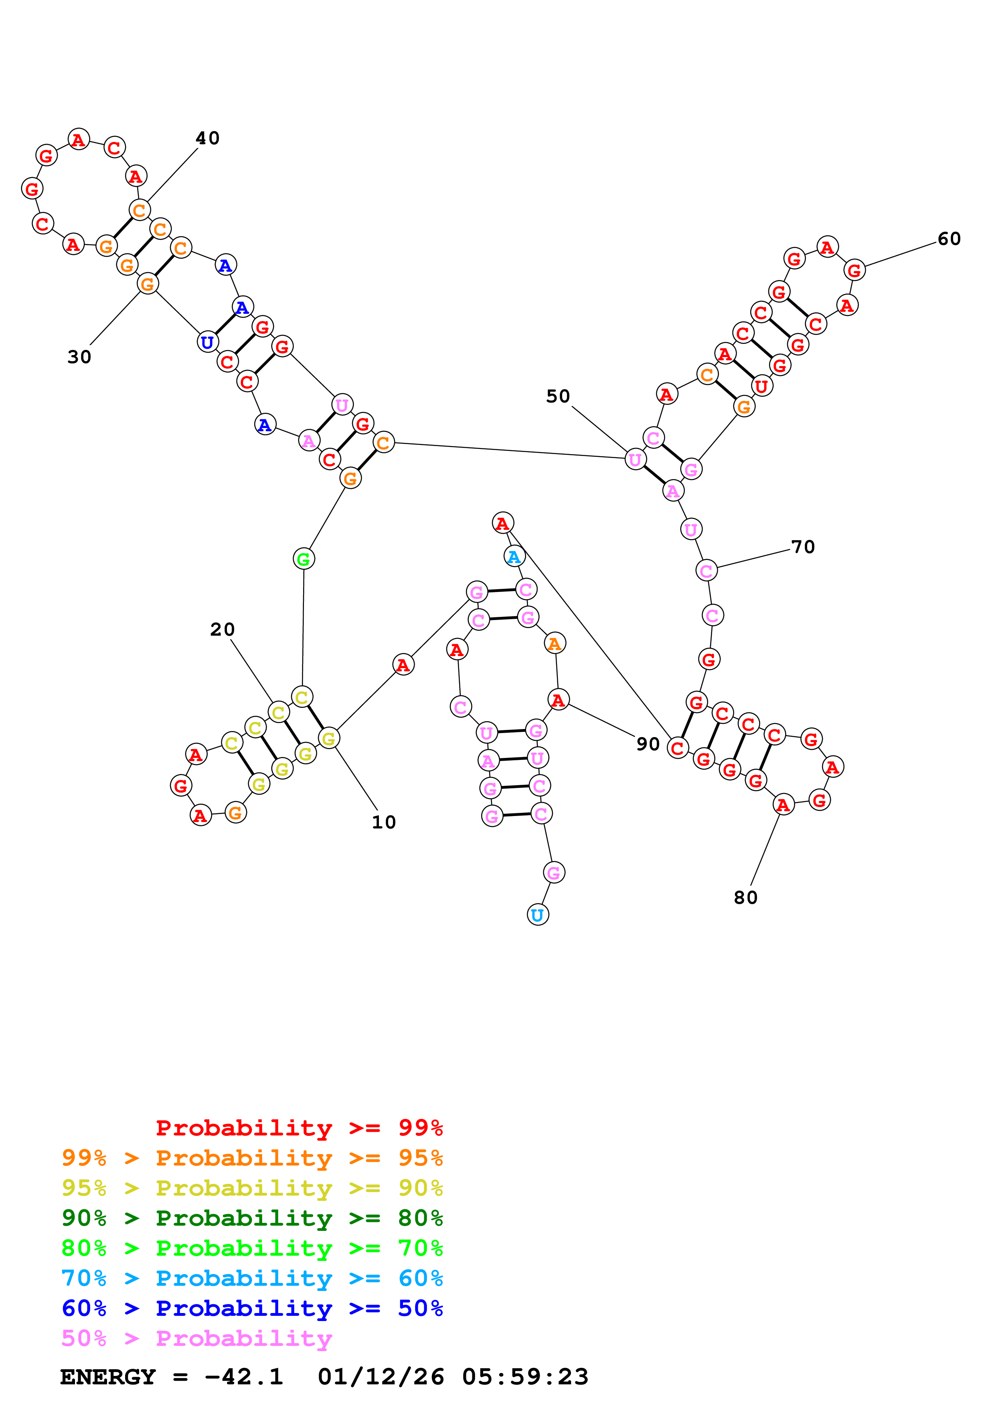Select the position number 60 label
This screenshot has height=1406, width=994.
949,239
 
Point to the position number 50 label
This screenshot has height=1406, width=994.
558,396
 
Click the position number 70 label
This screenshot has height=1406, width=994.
803,547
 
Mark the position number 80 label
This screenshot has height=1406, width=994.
745,898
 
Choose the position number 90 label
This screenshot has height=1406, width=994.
648,744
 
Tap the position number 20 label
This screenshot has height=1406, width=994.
222,630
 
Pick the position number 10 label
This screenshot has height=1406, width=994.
384,822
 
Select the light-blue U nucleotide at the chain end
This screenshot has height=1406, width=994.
538,915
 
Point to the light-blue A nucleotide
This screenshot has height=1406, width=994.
514,557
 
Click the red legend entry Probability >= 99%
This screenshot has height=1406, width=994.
299,1128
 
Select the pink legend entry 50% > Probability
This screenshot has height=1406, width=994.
196,1339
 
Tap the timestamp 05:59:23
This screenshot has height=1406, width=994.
525,1377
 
